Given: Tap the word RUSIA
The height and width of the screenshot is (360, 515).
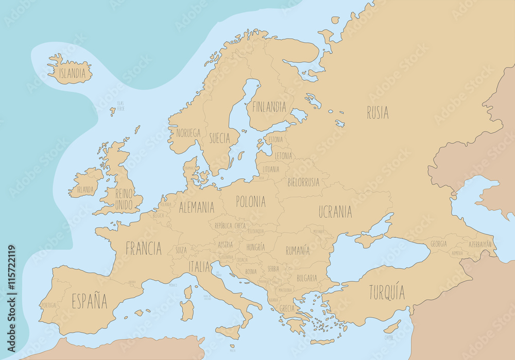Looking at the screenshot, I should [x=377, y=112].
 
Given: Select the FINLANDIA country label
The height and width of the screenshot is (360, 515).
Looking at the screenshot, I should [x=269, y=107].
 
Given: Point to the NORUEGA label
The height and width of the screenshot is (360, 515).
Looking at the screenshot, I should [x=188, y=133].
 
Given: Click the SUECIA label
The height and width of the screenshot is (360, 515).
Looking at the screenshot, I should [x=219, y=138].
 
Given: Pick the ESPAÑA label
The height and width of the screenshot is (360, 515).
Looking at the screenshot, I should [x=89, y=301].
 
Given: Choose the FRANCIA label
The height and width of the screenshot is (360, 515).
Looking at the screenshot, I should [x=144, y=249].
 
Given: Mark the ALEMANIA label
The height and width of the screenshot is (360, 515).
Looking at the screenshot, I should [x=196, y=208].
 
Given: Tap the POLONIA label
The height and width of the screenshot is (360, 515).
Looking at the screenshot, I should [x=251, y=201].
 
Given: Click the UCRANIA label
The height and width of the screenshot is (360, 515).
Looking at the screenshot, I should [x=335, y=212].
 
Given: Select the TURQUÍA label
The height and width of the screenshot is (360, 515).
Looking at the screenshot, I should [x=387, y=293].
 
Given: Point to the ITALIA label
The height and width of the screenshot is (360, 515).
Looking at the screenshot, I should [x=199, y=267].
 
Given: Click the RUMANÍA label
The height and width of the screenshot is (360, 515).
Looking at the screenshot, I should [x=298, y=251].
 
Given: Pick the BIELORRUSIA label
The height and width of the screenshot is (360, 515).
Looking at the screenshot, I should [x=303, y=182].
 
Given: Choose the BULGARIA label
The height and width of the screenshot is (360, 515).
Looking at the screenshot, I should [x=307, y=278].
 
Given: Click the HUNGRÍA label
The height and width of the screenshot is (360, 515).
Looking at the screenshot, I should [x=255, y=247].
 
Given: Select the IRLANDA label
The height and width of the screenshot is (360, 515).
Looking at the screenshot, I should [x=85, y=190].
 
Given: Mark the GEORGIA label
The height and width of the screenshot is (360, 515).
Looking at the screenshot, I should [x=439, y=244].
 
